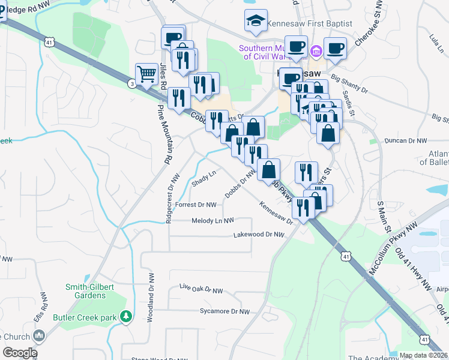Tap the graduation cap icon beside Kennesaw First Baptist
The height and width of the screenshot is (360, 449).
pyautogui.click(x=256, y=21)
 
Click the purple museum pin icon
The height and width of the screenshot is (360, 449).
pyautogui.click(x=316, y=54)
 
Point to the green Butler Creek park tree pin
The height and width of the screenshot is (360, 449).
pyautogui.click(x=126, y=316)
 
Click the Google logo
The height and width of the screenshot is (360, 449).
pyautogui.click(x=20, y=353)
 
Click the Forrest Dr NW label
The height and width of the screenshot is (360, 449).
pyautogui.click(x=195, y=204)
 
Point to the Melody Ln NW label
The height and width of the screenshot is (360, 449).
pyautogui.click(x=212, y=221)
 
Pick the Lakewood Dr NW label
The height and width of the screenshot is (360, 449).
pyautogui.click(x=258, y=235)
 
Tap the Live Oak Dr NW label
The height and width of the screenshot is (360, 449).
pyautogui.click(x=201, y=289)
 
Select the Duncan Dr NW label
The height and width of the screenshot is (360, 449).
pyautogui.click(x=405, y=140)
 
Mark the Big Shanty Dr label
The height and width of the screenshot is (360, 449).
pyautogui.click(x=349, y=83)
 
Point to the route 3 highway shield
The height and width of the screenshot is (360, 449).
pyautogui.click(x=131, y=84)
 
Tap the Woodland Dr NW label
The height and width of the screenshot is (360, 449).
pyautogui.click(x=150, y=298)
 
